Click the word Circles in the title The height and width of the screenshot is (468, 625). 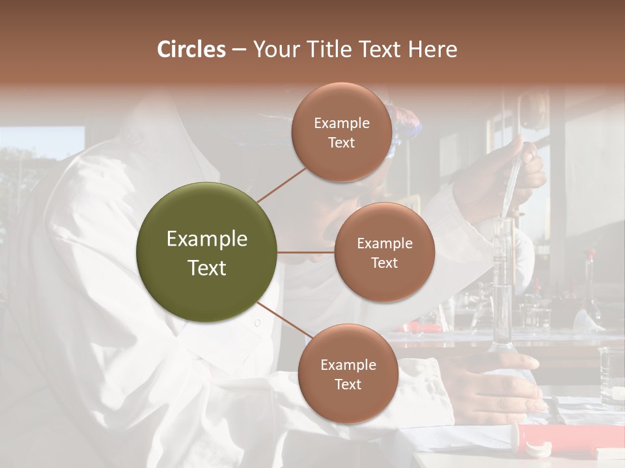pos(191,49)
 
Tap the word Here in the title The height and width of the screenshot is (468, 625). pos(432,49)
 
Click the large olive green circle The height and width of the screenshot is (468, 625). pos(207,252)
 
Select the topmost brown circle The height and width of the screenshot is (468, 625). pos(342,132)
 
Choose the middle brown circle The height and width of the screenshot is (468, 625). pos(384,252)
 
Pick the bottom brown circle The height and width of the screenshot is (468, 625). pos(348,374)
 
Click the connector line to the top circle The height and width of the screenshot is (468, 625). pos(281,185)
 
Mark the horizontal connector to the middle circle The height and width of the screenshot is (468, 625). pos(305,252)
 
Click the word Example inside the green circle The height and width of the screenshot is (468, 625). pos(207,239)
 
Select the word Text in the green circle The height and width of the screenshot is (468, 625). pos(207,268)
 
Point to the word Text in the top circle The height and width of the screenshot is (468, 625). pos(342,143)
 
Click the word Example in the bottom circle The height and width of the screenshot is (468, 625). pos(348,365)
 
